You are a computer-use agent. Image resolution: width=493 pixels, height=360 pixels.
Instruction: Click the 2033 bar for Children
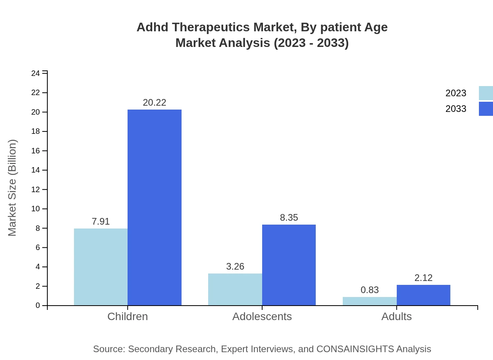(x=155, y=207)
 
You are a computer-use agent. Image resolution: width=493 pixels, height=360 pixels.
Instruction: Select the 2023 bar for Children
(x=101, y=267)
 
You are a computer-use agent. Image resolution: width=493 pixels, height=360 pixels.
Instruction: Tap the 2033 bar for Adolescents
(x=289, y=265)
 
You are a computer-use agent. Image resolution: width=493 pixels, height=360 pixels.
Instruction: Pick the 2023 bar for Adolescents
(x=235, y=290)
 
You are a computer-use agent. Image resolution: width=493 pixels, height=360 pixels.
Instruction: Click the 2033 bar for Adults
(x=423, y=295)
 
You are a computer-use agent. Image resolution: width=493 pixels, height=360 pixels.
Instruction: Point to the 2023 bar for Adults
(x=369, y=301)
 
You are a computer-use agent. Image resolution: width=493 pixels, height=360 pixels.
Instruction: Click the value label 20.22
(x=155, y=103)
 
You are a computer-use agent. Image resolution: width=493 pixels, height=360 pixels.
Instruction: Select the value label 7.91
(x=101, y=221)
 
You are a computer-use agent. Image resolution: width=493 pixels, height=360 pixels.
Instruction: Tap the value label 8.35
(x=289, y=218)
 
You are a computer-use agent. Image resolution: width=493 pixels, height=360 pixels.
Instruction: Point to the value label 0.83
(x=369, y=290)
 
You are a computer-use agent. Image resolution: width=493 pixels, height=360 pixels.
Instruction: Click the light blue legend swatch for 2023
(x=486, y=93)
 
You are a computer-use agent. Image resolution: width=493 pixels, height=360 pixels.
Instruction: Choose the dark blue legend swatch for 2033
(x=486, y=109)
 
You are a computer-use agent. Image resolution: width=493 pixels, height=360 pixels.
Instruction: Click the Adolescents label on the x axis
(x=262, y=317)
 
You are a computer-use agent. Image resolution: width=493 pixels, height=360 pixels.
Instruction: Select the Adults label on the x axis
(x=396, y=317)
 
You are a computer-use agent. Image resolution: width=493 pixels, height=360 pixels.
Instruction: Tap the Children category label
(x=128, y=317)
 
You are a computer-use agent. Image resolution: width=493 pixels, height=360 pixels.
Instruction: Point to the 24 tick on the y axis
(x=36, y=74)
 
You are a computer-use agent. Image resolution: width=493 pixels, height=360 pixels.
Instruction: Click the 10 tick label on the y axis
(x=36, y=209)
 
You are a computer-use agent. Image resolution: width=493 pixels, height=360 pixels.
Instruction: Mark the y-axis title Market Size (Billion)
(x=12, y=188)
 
